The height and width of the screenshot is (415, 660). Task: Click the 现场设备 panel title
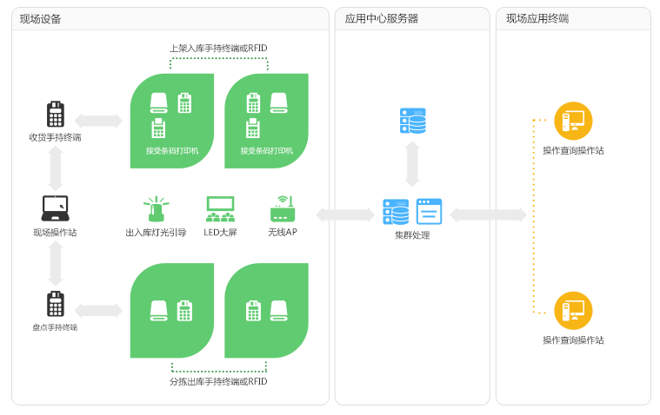coord(41,19)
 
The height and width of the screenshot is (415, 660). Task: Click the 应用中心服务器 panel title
coord(381,19)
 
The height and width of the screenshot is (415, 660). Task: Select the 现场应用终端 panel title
coord(537,19)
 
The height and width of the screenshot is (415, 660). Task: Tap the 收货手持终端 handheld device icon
coord(56,115)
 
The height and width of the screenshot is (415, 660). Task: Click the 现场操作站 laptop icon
coord(56,208)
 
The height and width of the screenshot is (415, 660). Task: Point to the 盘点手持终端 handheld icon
coord(56,305)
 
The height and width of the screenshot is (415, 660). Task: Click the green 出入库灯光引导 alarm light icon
coord(157,209)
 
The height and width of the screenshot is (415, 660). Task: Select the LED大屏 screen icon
coord(221,209)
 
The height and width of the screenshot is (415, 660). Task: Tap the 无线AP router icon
coord(283,209)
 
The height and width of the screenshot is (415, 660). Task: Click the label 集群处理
coord(412,235)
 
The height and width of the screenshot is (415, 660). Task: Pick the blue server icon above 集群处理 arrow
coord(412,121)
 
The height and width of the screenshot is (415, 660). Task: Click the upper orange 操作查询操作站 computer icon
coord(573,121)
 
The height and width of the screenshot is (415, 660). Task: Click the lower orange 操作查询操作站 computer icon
coord(573,310)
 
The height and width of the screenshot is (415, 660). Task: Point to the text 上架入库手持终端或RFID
coord(218,49)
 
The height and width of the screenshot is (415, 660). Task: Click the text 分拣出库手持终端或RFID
coord(218,382)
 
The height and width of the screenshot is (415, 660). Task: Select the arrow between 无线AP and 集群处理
coord(344,214)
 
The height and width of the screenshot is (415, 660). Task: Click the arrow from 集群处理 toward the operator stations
coord(488,214)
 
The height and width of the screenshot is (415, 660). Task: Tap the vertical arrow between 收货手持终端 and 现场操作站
coord(56,168)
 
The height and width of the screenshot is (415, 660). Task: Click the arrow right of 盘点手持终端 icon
coord(98,310)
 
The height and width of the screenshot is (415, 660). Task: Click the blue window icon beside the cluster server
coord(429,212)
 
